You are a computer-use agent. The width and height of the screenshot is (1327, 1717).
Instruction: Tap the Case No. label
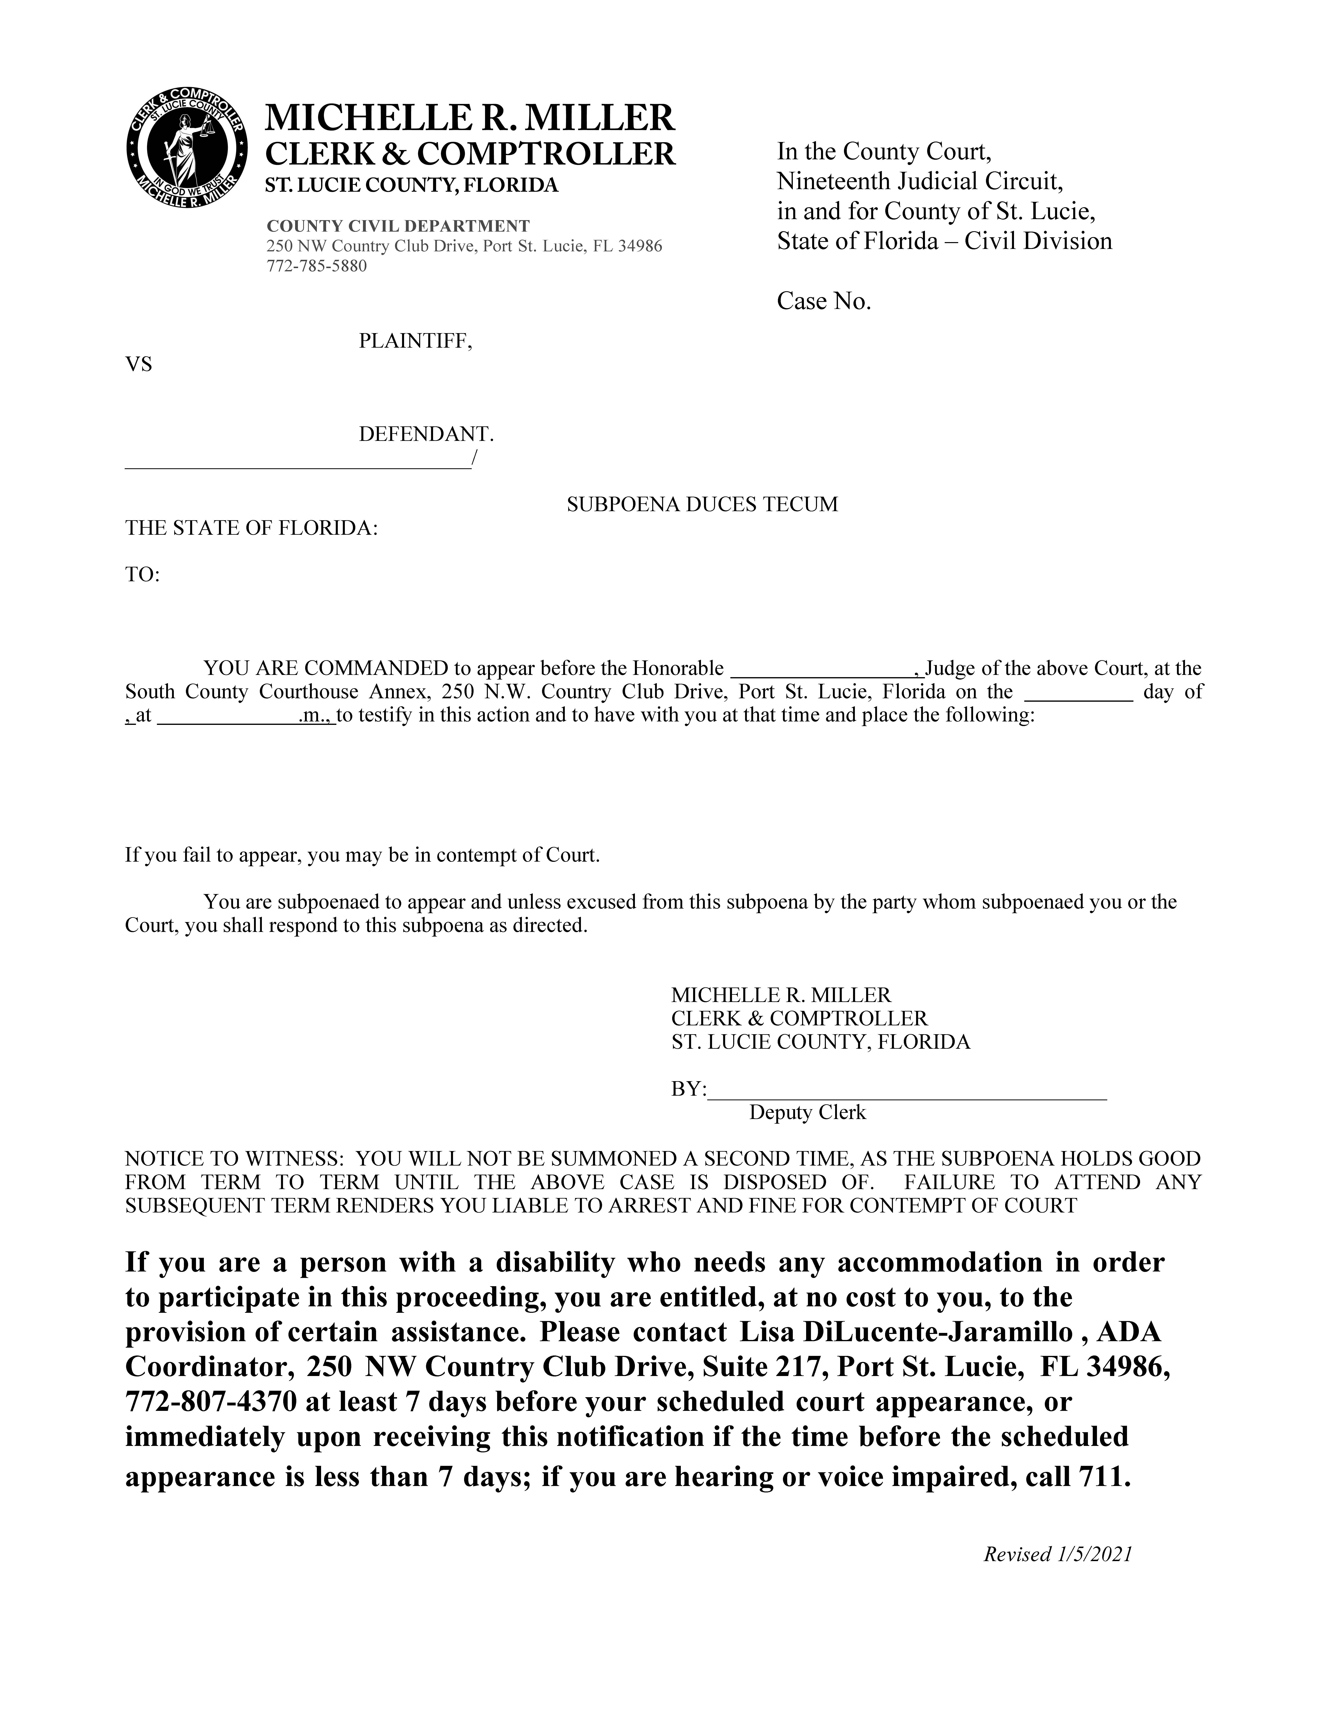[x=824, y=301]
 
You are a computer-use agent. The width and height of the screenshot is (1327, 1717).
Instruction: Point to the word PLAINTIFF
[x=415, y=341]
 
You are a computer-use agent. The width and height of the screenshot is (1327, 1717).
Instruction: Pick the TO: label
[x=142, y=575]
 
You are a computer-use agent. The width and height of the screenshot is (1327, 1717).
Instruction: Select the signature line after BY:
[x=906, y=1090]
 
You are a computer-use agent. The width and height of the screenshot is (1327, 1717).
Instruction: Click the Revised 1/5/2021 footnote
[x=1057, y=1554]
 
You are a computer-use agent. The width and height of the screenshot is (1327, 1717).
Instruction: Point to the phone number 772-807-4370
[x=211, y=1401]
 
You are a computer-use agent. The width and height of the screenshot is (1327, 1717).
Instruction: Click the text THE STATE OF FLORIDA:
[x=252, y=528]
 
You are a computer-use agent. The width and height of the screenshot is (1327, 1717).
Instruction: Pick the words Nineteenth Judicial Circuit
[x=920, y=182]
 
